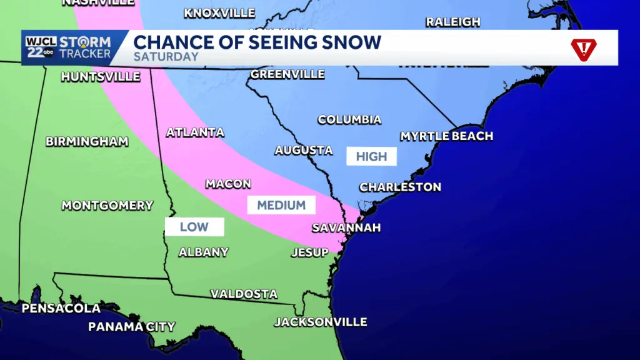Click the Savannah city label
coord(346,227)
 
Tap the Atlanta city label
coord(195,132)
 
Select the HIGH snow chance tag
coord(372,156)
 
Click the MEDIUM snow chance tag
coord(281,205)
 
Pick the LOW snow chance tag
coord(194,227)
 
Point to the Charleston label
coord(400,187)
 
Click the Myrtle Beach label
coord(446,136)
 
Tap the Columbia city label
coord(349,119)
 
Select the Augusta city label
coord(304,150)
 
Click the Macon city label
coord(228,184)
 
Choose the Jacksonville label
coord(321,322)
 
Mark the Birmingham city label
coord(87,141)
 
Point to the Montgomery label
coord(107,205)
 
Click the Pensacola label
coord(61,308)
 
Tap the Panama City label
coord(131,326)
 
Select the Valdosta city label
coord(244,294)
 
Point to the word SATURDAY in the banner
coord(166,57)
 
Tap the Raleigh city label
coord(452,22)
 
